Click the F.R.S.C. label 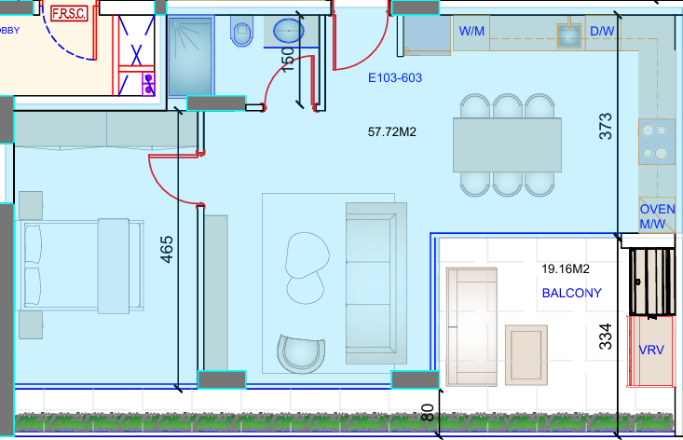point(69,13)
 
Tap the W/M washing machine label point(471,31)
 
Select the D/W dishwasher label point(602,31)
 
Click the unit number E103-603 point(395,78)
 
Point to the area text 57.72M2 point(392,131)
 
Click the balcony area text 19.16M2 point(566,268)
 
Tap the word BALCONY point(571,294)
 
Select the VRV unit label point(651,350)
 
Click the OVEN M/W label point(657,216)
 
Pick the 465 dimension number point(167,249)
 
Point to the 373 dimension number point(606,127)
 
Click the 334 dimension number point(606,337)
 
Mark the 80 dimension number point(429,413)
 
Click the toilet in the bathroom point(241,31)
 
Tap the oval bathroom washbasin point(288,31)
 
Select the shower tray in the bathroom point(191,57)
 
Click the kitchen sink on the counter point(569,36)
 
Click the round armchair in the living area point(301,353)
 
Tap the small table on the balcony point(526,355)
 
